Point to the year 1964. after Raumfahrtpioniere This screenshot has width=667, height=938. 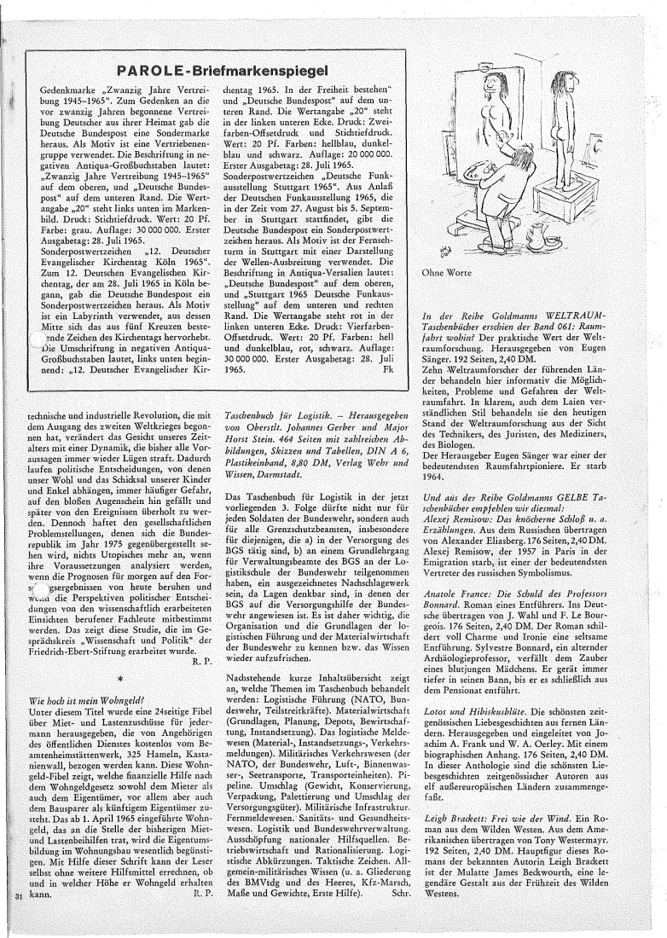click(438, 477)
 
